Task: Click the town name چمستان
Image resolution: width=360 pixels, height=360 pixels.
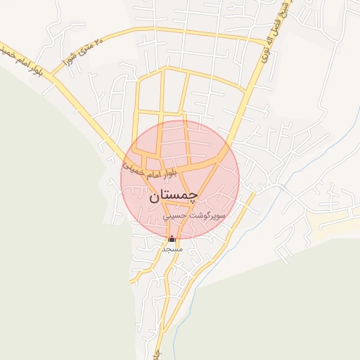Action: point(174,197)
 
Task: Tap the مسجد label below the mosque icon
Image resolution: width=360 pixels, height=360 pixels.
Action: point(172,249)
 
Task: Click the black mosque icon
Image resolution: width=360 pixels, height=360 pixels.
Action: point(172,238)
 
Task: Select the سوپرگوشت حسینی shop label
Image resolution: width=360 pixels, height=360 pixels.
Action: point(195,217)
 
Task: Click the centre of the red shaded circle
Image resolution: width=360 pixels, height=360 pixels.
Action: point(180,180)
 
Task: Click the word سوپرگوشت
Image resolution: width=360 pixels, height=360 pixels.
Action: point(208,217)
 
